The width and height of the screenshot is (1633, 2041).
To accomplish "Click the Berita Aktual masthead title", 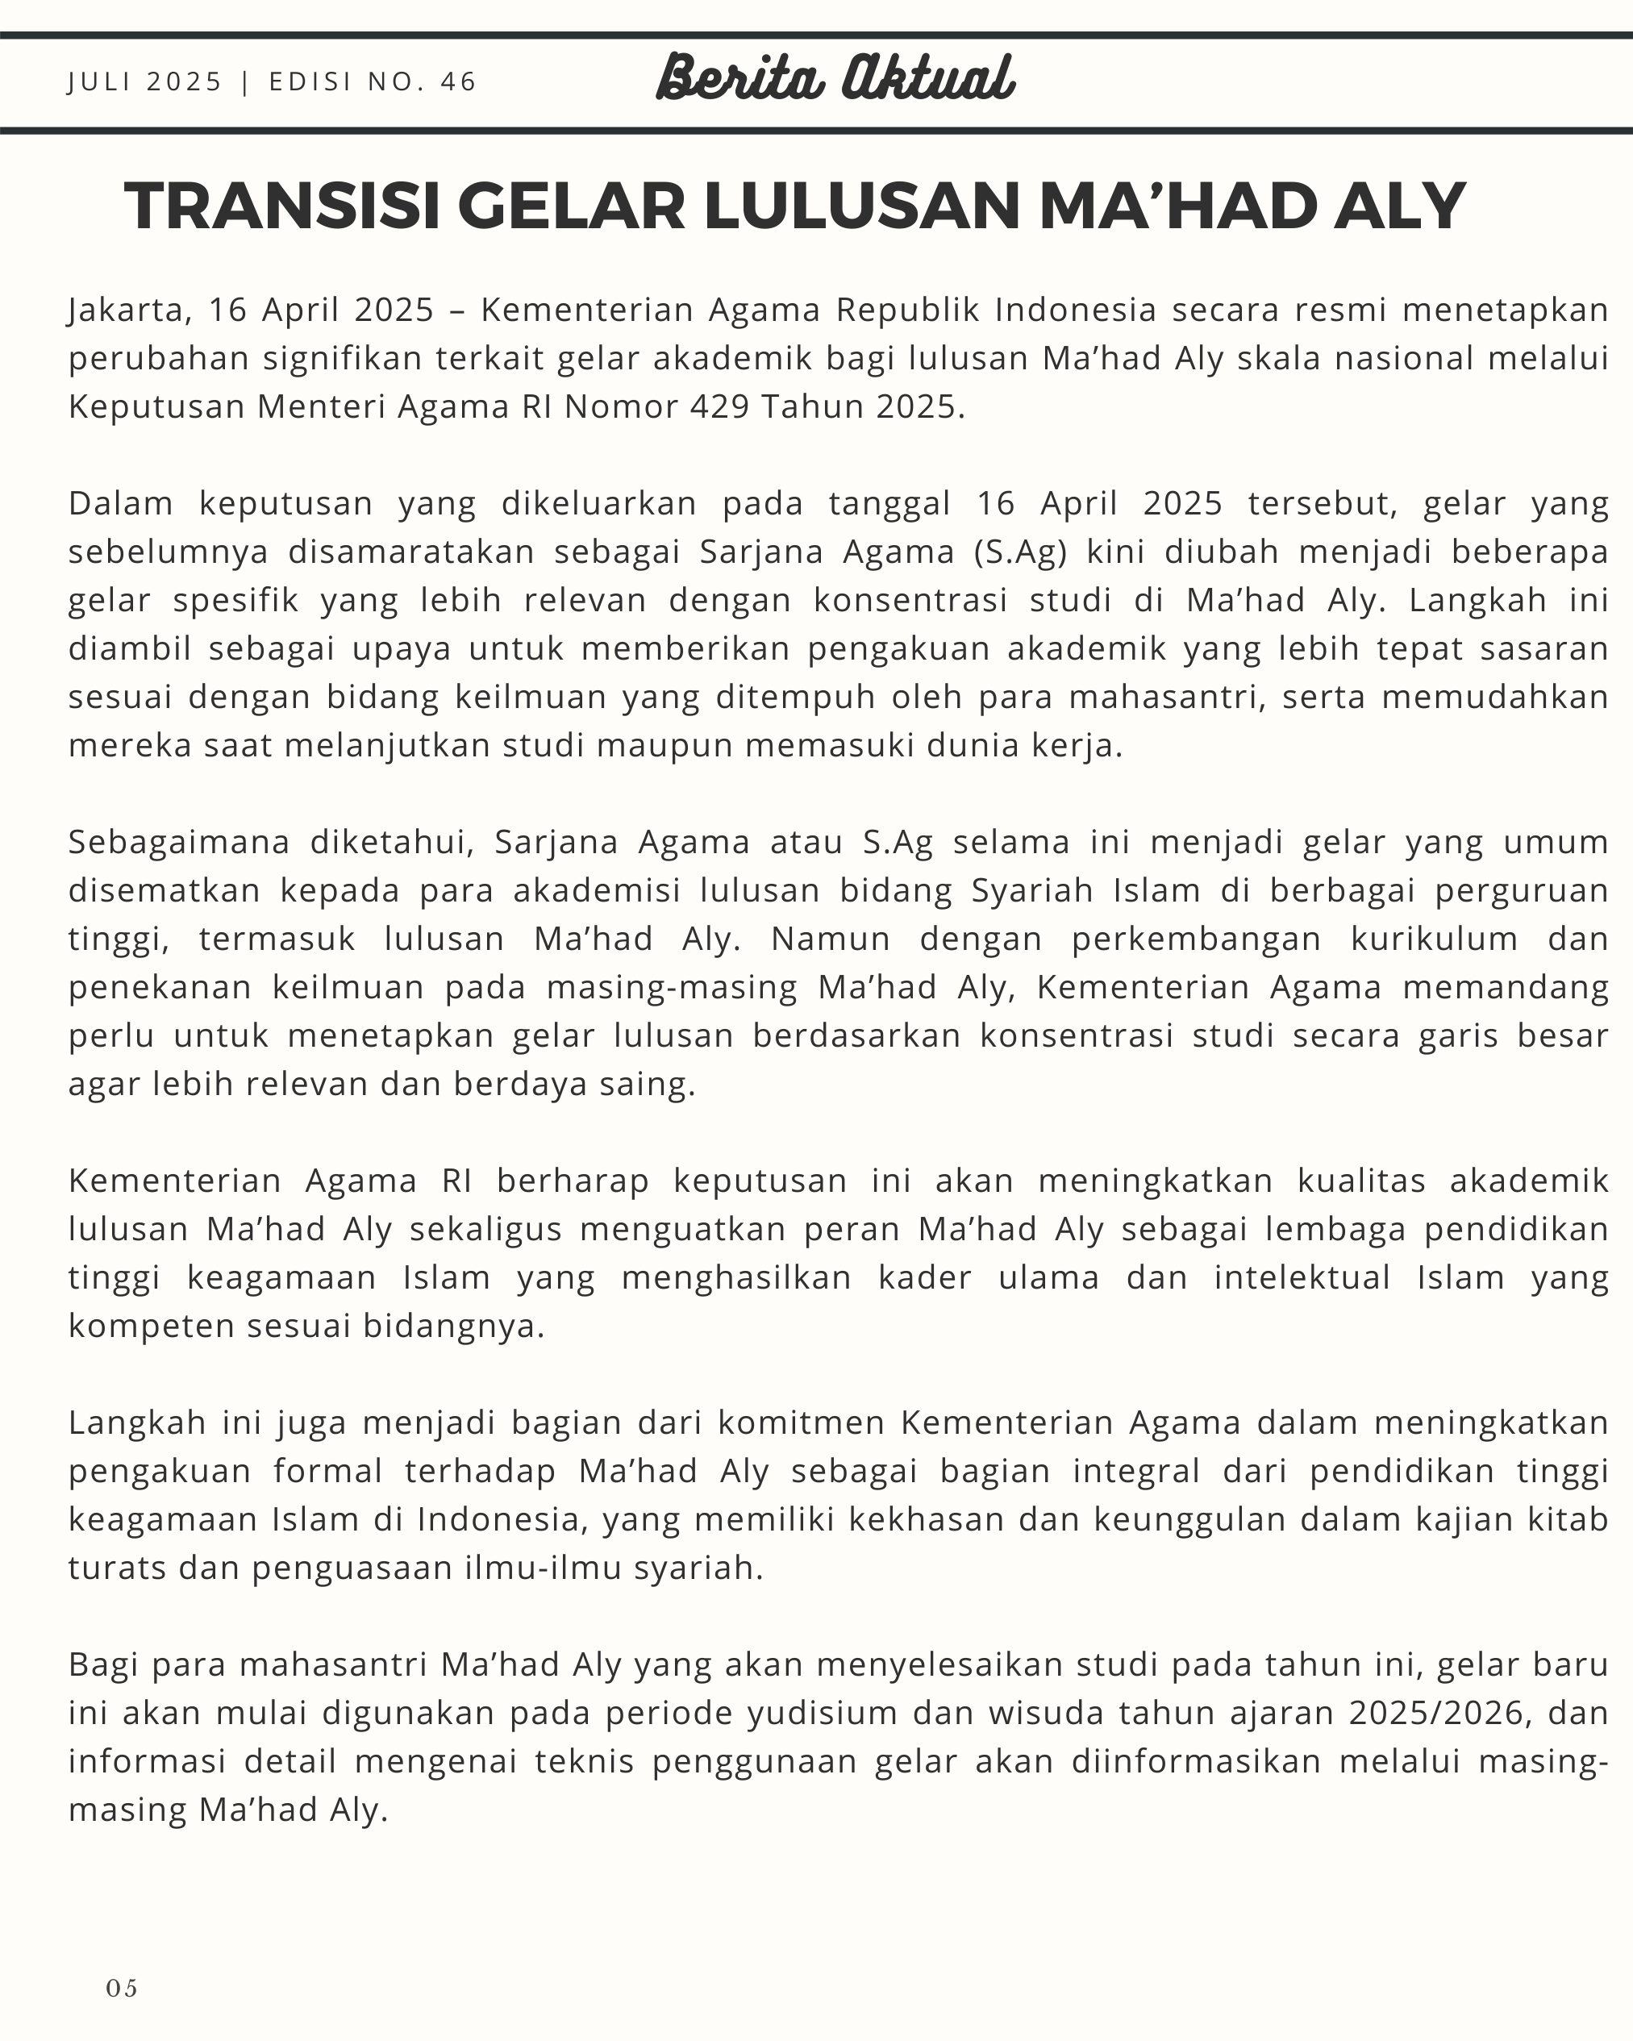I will pos(836,77).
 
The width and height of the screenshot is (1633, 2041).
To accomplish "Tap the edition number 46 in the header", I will pos(458,81).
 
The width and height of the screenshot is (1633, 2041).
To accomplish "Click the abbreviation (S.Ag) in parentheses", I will pos(1020,551).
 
